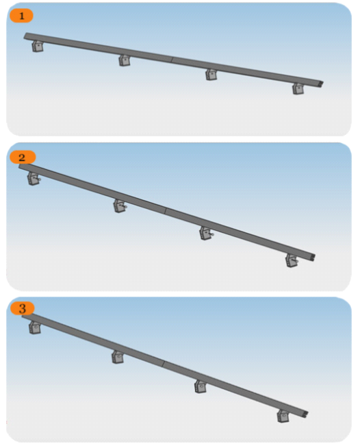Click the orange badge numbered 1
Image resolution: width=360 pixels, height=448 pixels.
coord(21,16)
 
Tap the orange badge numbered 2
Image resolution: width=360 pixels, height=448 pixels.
coord(23,157)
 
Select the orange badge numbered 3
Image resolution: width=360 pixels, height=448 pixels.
coord(23,308)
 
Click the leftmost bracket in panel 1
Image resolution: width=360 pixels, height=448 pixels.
coord(38,46)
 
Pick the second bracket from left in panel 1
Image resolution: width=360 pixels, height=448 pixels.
coord(125,60)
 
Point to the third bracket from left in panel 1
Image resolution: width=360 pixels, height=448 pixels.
coord(211,75)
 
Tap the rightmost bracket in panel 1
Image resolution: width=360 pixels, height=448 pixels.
coord(298,88)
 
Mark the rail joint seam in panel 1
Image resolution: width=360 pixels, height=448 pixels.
coord(172,60)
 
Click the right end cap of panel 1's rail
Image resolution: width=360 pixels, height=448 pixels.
coord(322,84)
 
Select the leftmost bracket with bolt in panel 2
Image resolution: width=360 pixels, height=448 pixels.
coord(34,179)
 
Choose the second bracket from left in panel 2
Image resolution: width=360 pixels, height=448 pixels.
coord(120,206)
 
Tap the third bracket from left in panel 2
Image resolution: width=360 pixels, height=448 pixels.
coord(207,233)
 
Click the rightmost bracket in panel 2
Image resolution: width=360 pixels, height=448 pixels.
coord(292,260)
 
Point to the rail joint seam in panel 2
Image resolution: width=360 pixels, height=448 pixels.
coord(166,211)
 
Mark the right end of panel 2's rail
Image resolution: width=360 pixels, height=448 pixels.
coord(313,257)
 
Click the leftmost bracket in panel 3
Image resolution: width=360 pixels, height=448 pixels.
coord(35,327)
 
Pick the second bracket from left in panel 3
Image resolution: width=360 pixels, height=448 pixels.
coord(118,357)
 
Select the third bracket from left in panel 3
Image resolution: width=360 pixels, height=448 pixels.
coord(201,386)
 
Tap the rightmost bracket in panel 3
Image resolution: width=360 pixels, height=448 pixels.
coord(283,416)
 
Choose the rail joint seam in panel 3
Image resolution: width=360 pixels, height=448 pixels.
coord(164,364)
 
